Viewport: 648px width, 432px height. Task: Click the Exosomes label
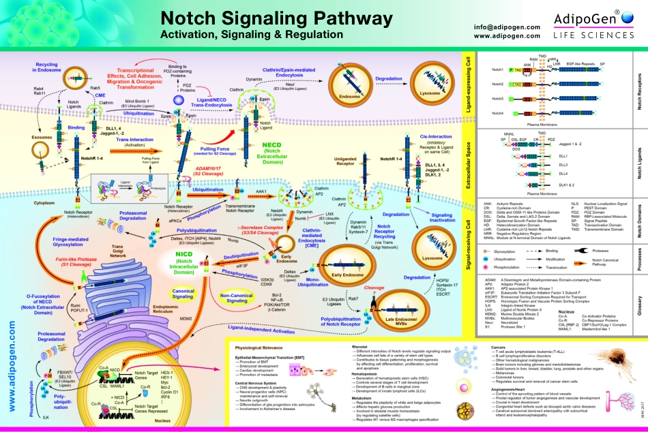21,136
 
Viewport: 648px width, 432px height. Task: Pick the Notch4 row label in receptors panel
498,113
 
